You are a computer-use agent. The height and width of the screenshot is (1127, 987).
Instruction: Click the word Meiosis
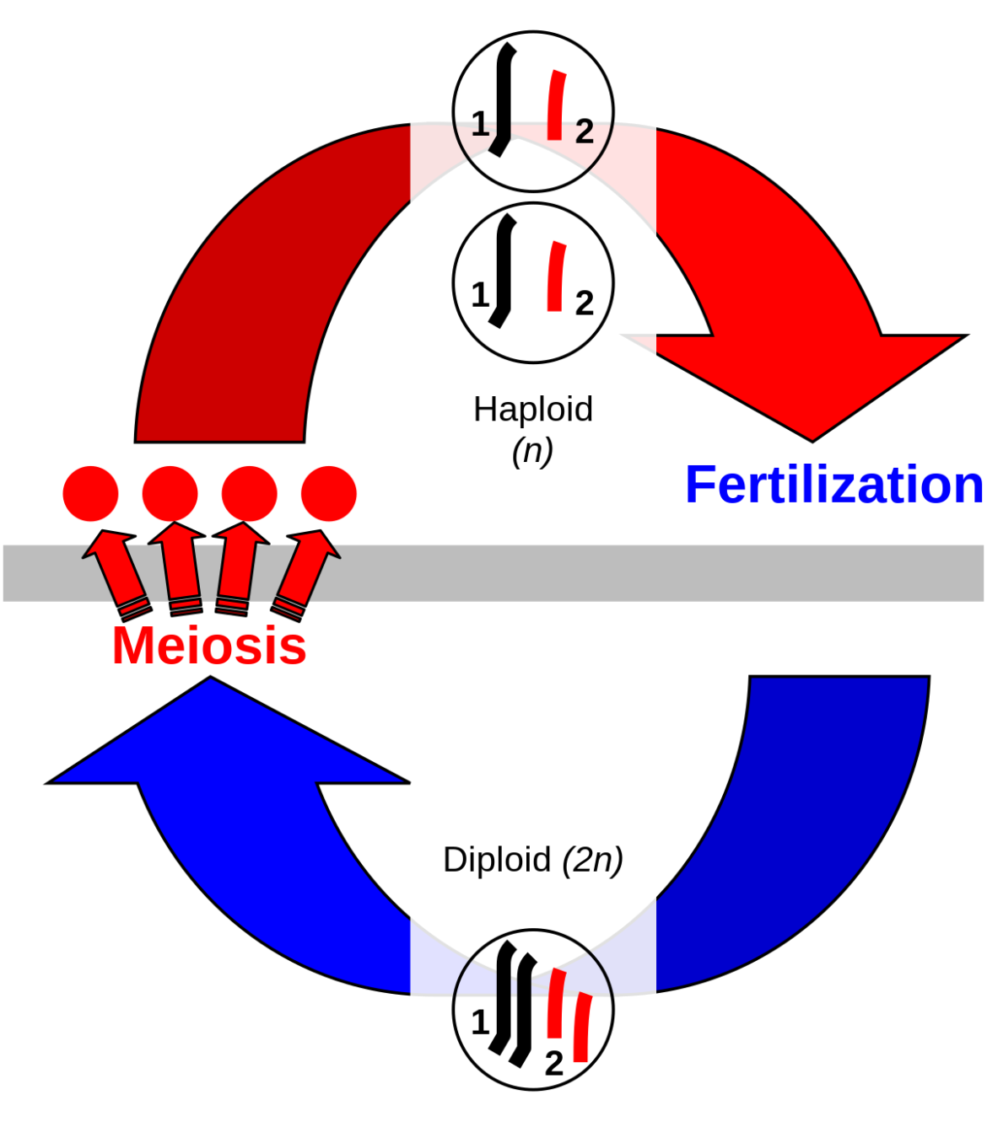pyautogui.click(x=209, y=647)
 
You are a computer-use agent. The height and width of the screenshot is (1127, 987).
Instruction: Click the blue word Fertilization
pyautogui.click(x=834, y=486)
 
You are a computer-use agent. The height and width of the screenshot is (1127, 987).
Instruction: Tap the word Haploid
pyautogui.click(x=532, y=410)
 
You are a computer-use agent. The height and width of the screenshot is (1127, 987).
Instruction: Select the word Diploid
pyautogui.click(x=497, y=860)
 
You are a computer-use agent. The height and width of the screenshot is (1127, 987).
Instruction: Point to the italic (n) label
pyautogui.click(x=532, y=451)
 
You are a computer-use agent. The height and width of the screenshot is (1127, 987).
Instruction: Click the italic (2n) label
pyautogui.click(x=592, y=860)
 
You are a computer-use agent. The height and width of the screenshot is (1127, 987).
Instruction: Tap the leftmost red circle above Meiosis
pyautogui.click(x=91, y=493)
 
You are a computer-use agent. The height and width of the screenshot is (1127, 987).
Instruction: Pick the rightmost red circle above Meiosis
pyautogui.click(x=329, y=493)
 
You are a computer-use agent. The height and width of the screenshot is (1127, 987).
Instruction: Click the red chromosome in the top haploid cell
pyautogui.click(x=555, y=106)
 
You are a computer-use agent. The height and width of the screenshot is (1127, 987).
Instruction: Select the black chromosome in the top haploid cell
pyautogui.click(x=503, y=99)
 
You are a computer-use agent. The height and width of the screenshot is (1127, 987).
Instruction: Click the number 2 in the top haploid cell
pyautogui.click(x=584, y=131)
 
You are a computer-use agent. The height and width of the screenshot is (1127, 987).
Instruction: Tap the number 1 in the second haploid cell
pyautogui.click(x=479, y=296)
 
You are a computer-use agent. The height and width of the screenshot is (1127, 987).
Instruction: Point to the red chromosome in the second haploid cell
pyautogui.click(x=555, y=277)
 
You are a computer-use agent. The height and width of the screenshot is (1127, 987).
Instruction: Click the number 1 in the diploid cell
pyautogui.click(x=479, y=1023)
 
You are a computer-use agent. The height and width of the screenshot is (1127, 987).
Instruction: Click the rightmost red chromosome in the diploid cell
pyautogui.click(x=582, y=1028)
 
